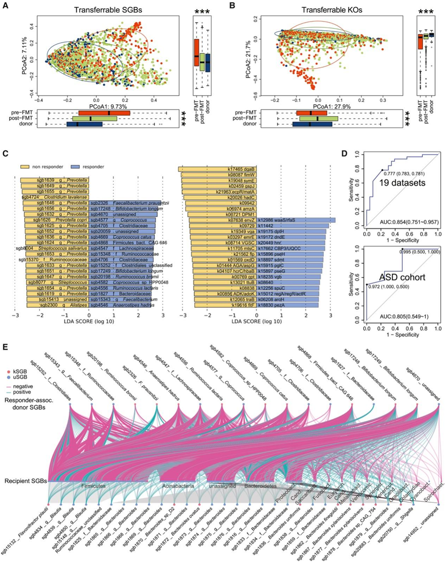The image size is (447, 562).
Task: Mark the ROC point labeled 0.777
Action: (382, 170)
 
